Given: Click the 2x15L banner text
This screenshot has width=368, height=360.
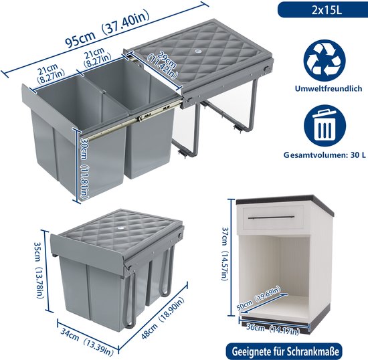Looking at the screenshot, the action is point(327,11).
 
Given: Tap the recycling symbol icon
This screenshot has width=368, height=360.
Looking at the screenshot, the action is point(325,60).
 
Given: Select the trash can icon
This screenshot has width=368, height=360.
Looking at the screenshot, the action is point(325,126).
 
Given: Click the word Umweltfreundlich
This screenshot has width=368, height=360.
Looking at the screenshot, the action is point(329,88).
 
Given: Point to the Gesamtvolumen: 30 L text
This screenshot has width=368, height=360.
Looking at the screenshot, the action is point(325,155).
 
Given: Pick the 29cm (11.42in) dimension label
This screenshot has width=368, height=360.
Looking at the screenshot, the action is point(163,64).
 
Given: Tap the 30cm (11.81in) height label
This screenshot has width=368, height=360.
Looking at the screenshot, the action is point(84,168).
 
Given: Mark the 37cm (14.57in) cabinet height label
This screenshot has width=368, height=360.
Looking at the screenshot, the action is point(224,254).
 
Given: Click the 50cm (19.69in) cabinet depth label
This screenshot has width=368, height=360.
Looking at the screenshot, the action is point(258,298).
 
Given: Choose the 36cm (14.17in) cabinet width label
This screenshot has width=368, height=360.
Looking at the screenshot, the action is point(273,329).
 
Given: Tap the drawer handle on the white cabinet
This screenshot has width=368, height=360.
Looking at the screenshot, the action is point(271,217).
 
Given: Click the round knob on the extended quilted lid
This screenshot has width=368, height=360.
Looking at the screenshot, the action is point(196,51).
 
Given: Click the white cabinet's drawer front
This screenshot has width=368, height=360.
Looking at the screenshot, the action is point(274,217).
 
